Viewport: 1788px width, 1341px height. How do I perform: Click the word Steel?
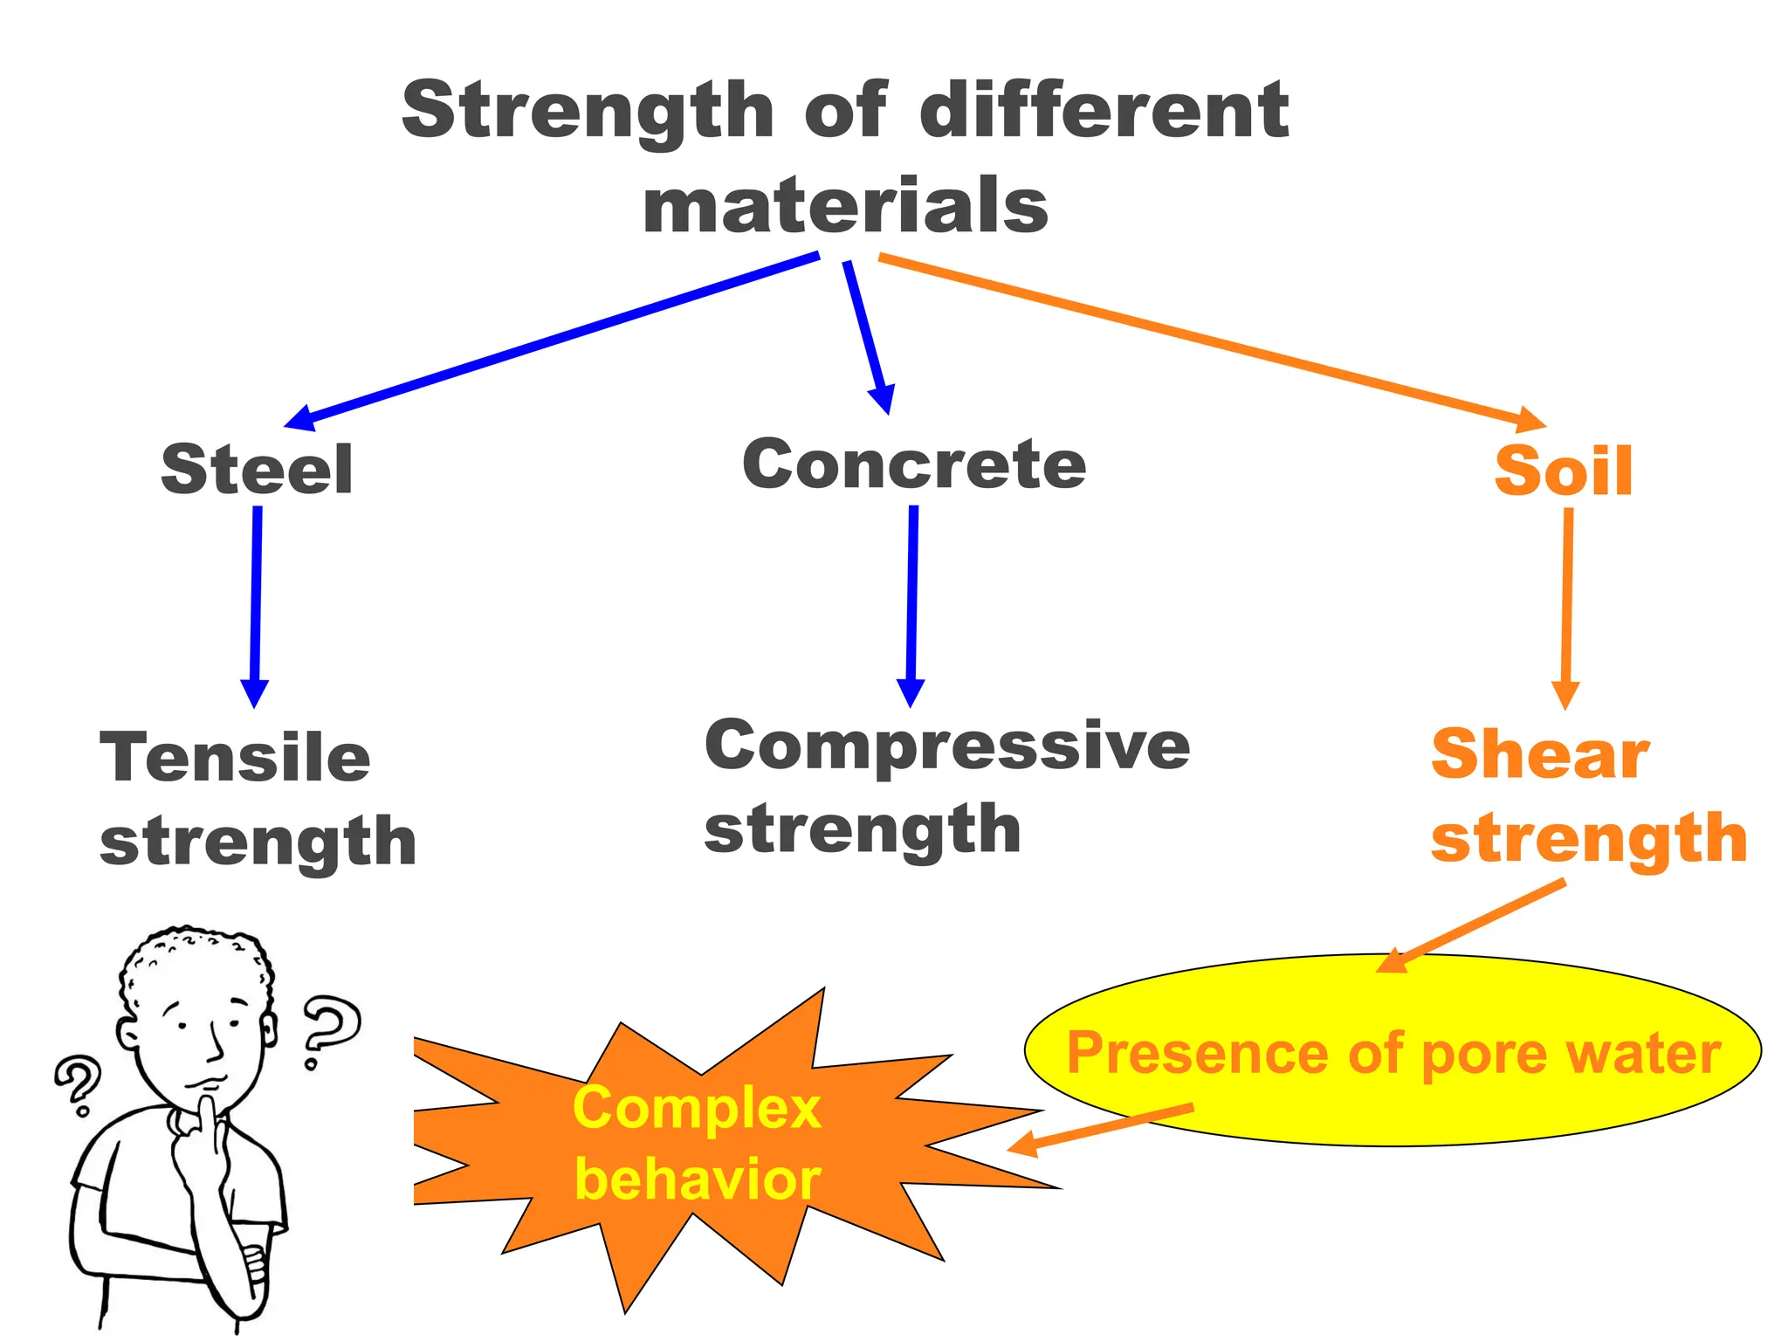(x=257, y=470)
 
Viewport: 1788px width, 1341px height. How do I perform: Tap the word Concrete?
(x=914, y=464)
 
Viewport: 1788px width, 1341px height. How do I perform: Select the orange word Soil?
(x=1563, y=471)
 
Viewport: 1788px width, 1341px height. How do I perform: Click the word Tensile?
(x=235, y=757)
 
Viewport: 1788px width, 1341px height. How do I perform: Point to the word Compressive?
(x=947, y=746)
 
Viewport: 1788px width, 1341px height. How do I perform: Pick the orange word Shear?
(x=1540, y=754)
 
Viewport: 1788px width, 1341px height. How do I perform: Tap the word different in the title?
(x=1104, y=111)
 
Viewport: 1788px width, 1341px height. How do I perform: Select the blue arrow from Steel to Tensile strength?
(x=256, y=602)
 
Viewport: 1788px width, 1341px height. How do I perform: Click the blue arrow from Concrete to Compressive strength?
(x=912, y=602)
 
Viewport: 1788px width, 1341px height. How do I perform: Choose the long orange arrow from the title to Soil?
(x=1214, y=340)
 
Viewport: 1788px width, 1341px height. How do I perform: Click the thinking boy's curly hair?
(x=196, y=956)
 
